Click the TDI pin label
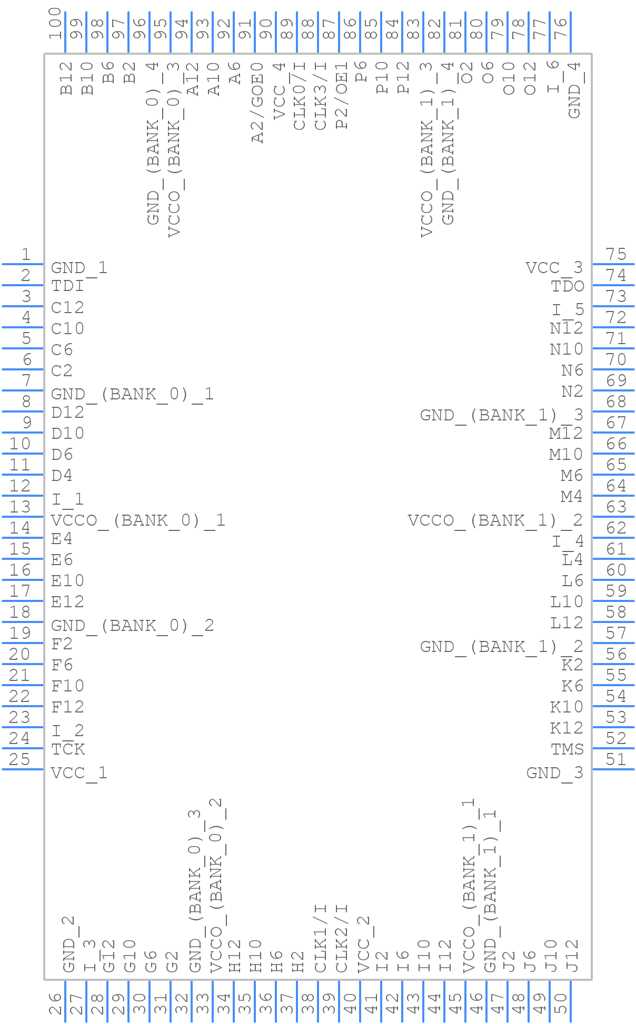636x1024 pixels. [67, 286]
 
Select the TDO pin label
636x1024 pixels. [568, 286]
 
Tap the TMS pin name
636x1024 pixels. [567, 749]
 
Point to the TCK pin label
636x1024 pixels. [68, 749]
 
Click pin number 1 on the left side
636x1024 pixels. [26, 255]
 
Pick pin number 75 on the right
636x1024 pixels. [616, 255]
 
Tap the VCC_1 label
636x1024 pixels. [79, 773]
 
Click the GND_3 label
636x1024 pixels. [555, 773]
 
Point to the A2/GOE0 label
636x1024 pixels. [257, 103]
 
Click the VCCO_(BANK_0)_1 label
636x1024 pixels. [138, 520]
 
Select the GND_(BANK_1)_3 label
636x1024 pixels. [501, 415]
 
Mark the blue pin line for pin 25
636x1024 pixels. [23, 769]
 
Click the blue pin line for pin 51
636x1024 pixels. [613, 769]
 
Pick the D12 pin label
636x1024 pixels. [67, 413]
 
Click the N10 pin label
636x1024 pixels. [566, 349]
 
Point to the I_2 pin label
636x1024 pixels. [67, 730]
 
